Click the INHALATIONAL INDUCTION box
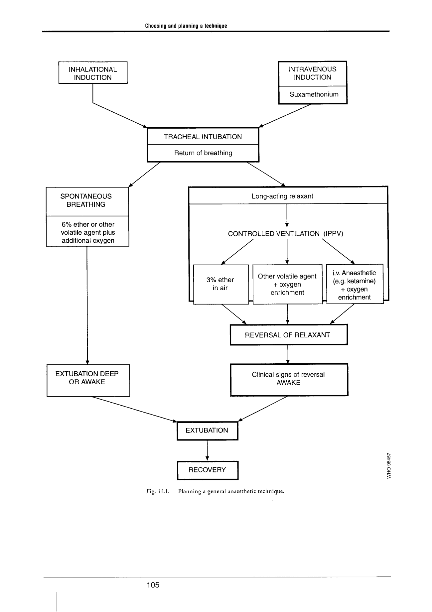[93, 72]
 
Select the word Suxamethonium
[314, 94]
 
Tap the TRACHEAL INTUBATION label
[203, 137]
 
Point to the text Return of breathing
[203, 153]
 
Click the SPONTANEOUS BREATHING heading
[86, 200]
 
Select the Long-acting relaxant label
[282, 196]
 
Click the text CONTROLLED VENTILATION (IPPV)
[285, 234]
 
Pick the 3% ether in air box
[221, 284]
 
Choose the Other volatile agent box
[287, 284]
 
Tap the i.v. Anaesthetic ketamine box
[355, 284]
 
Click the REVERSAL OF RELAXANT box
[289, 335]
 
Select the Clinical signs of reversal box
[289, 380]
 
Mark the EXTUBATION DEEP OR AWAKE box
[88, 381]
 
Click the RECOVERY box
[208, 470]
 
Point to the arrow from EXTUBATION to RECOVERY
[207, 450]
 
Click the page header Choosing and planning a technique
[186, 26]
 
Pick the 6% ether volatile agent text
[88, 232]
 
